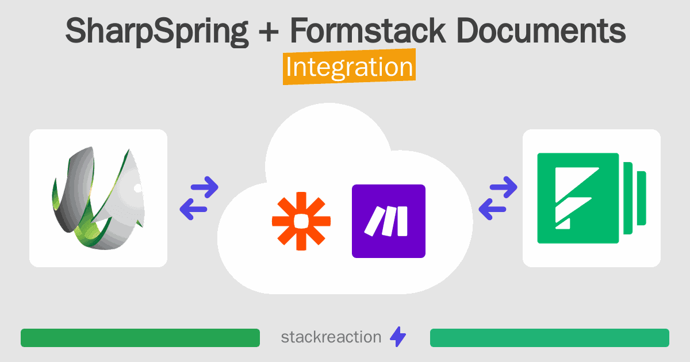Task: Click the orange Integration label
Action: [349, 68]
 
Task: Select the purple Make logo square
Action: [389, 221]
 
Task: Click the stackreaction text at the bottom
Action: [331, 337]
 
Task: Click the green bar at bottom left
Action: [140, 338]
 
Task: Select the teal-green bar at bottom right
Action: [549, 338]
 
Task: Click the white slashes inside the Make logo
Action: [389, 221]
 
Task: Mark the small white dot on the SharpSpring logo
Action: [137, 187]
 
